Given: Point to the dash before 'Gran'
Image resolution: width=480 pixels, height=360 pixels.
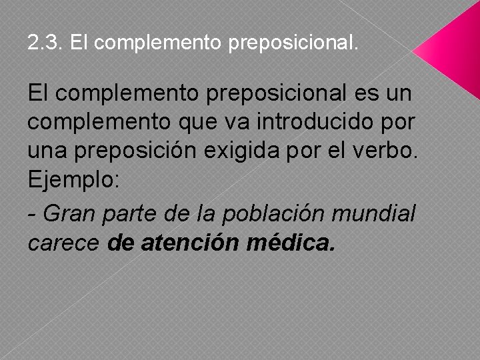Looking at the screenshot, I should (x=32, y=215).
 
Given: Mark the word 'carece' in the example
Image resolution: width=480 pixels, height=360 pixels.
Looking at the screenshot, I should (x=64, y=243).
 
